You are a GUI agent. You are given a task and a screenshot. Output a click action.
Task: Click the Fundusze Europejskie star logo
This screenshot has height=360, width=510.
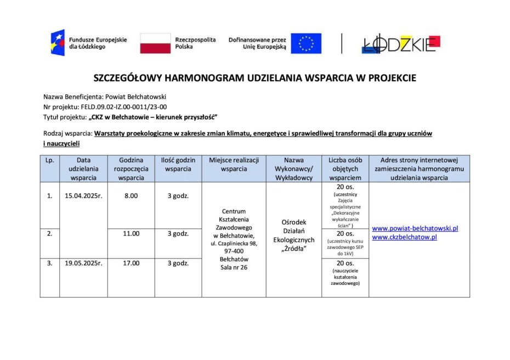pyautogui.click(x=58, y=43)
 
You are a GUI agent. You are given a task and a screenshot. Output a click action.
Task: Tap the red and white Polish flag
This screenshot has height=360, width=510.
pyautogui.click(x=155, y=43)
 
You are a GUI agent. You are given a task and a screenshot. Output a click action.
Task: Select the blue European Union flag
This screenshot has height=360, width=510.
pyautogui.click(x=306, y=43)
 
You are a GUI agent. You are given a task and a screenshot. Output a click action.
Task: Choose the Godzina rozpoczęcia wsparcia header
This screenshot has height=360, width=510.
pyautogui.click(x=131, y=168)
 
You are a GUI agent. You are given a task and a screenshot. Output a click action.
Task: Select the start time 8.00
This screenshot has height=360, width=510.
pyautogui.click(x=131, y=195)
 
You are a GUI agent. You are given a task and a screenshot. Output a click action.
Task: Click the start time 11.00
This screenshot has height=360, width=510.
pyautogui.click(x=131, y=233)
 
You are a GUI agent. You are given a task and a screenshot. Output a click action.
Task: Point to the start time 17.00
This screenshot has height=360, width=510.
pyautogui.click(x=131, y=263)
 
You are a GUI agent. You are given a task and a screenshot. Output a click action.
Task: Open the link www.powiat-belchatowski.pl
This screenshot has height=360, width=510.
pyautogui.click(x=415, y=228)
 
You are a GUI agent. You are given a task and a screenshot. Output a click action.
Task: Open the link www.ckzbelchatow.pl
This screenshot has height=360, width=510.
pyautogui.click(x=404, y=237)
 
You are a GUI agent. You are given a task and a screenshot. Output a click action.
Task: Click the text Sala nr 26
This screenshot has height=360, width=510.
pyautogui.click(x=234, y=267)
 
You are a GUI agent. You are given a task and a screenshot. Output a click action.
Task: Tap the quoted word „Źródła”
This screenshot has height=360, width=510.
pyautogui.click(x=293, y=249)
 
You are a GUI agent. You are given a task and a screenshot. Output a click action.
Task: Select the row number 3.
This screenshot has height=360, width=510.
pyautogui.click(x=49, y=263)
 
